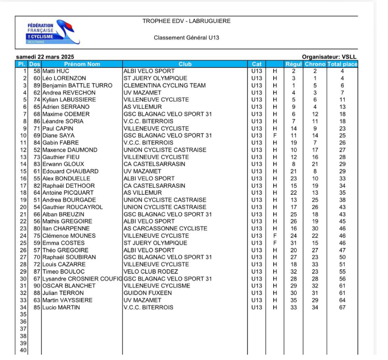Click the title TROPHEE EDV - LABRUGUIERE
(186, 21)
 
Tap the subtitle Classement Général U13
(186, 38)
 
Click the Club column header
(185, 64)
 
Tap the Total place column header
(342, 64)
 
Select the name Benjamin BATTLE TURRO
(77, 85)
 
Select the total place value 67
(342, 307)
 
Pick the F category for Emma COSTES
(275, 243)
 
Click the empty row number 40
(23, 350)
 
